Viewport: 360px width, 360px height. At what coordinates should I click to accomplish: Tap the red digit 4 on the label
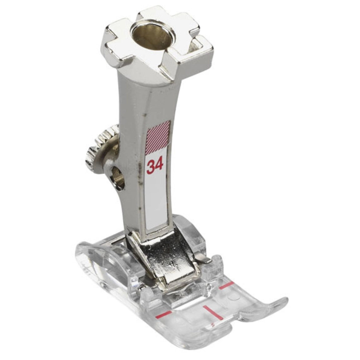coord(159,164)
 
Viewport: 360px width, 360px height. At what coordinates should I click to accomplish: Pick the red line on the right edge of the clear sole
coord(226,285)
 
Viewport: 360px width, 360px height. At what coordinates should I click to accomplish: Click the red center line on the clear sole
coord(213,312)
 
